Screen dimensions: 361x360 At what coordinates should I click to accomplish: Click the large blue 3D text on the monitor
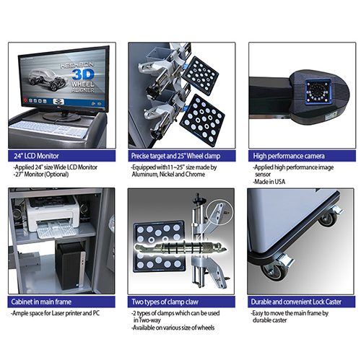click(x=83, y=74)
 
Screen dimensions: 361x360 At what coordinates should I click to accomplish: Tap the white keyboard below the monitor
click(x=49, y=129)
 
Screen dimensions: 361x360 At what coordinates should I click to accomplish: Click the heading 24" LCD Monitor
click(x=36, y=156)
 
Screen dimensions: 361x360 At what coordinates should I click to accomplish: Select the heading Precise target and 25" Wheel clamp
click(x=175, y=156)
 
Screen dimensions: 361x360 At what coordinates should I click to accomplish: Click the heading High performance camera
click(x=289, y=156)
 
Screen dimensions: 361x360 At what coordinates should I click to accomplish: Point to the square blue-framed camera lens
click(x=318, y=92)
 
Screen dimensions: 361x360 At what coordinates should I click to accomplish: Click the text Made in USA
click(x=269, y=182)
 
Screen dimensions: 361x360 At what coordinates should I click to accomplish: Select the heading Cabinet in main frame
click(x=41, y=302)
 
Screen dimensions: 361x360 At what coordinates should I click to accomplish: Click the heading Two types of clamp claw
click(x=165, y=302)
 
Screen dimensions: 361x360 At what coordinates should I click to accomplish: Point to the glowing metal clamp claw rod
click(x=180, y=247)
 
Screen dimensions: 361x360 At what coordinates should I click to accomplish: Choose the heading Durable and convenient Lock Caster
click(x=296, y=302)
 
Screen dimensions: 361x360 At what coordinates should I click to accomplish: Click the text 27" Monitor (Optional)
click(x=41, y=175)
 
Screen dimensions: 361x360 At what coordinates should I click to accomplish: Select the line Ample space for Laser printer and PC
click(x=55, y=313)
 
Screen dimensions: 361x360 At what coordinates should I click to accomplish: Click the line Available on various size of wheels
click(x=173, y=328)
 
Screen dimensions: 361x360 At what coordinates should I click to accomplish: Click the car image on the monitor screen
click(x=48, y=79)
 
